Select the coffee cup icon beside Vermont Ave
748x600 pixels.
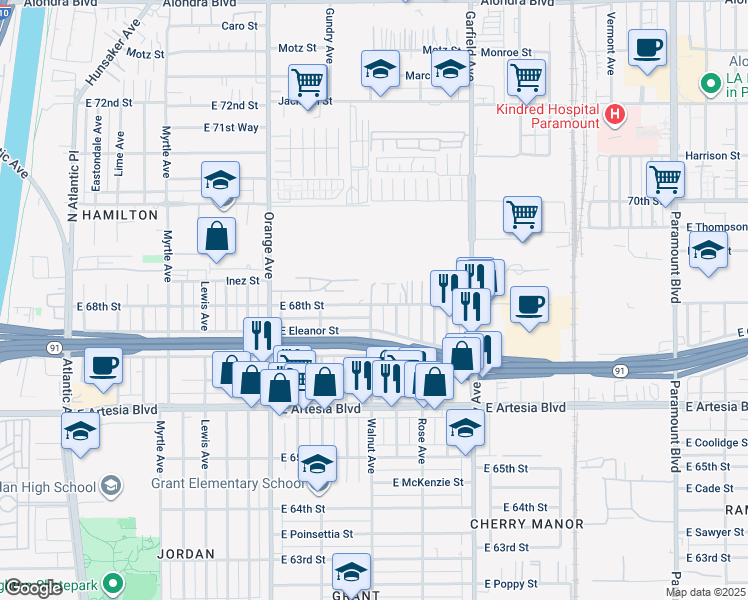coord(647,46)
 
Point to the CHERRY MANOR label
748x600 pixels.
coord(527,524)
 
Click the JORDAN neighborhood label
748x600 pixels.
coord(186,553)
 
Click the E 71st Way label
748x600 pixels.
coord(231,128)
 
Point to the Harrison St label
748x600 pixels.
coord(711,156)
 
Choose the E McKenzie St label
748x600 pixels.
coord(428,482)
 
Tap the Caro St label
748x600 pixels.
coord(240,26)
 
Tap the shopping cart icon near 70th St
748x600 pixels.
coord(664,180)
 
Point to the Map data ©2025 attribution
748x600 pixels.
coord(705,592)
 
